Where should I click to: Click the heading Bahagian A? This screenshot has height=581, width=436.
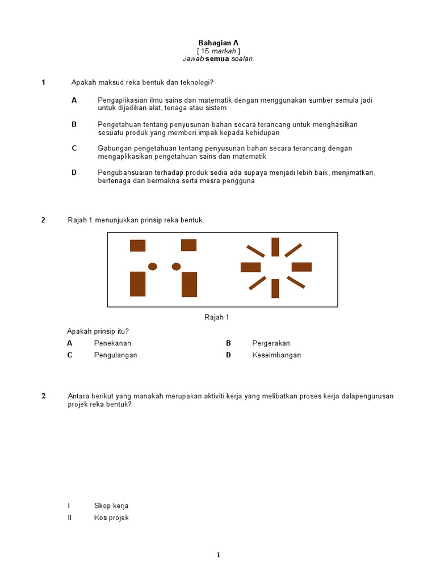[x=218, y=43]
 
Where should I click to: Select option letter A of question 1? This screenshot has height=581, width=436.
[x=74, y=100]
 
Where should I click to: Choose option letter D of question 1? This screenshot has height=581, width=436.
[x=74, y=172]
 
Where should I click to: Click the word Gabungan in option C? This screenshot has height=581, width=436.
[x=113, y=148]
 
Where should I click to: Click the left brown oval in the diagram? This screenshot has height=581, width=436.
[x=152, y=266]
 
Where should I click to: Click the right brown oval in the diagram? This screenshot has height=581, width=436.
[x=176, y=266]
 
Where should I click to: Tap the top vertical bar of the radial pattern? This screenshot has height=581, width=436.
[x=275, y=247]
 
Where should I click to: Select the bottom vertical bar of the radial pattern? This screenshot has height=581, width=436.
[x=275, y=288]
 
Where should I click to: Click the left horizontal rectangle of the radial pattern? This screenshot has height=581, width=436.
[x=250, y=267]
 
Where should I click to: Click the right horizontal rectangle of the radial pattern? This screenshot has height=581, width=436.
[x=301, y=267]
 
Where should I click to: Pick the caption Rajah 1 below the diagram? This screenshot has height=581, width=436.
[x=217, y=318]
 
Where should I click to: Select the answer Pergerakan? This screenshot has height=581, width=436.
[x=271, y=343]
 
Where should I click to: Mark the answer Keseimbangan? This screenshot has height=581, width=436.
[x=276, y=355]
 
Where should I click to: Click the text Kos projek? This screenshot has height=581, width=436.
[x=111, y=517]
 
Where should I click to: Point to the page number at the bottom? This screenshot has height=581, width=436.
[x=218, y=555]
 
